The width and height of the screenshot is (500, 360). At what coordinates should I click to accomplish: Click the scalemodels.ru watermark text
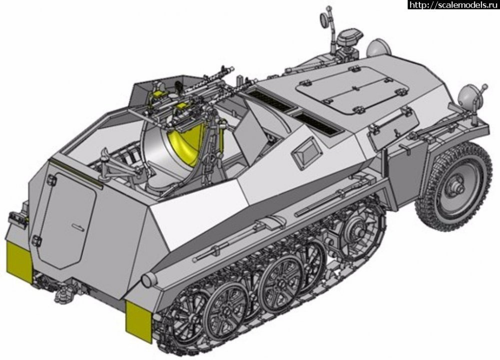point(453,4)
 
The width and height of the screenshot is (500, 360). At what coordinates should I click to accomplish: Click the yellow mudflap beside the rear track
point(138,321)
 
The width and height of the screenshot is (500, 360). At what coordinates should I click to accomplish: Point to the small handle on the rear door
point(78,226)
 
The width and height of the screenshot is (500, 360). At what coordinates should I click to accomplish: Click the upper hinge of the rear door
point(51,180)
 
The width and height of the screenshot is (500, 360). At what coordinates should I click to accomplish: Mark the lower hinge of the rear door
point(36,240)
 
